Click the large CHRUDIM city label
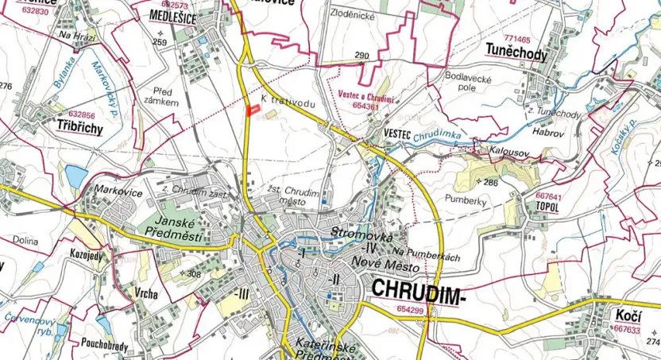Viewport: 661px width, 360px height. (x=416, y=291)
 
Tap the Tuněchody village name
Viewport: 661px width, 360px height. (x=516, y=52)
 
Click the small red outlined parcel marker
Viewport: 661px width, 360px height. (x=255, y=111)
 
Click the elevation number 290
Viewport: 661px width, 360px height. (x=362, y=56)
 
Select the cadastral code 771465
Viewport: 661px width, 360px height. (x=516, y=37)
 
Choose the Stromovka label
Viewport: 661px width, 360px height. (x=357, y=235)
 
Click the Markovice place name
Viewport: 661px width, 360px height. (x=117, y=190)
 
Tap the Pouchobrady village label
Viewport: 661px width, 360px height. (x=104, y=344)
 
